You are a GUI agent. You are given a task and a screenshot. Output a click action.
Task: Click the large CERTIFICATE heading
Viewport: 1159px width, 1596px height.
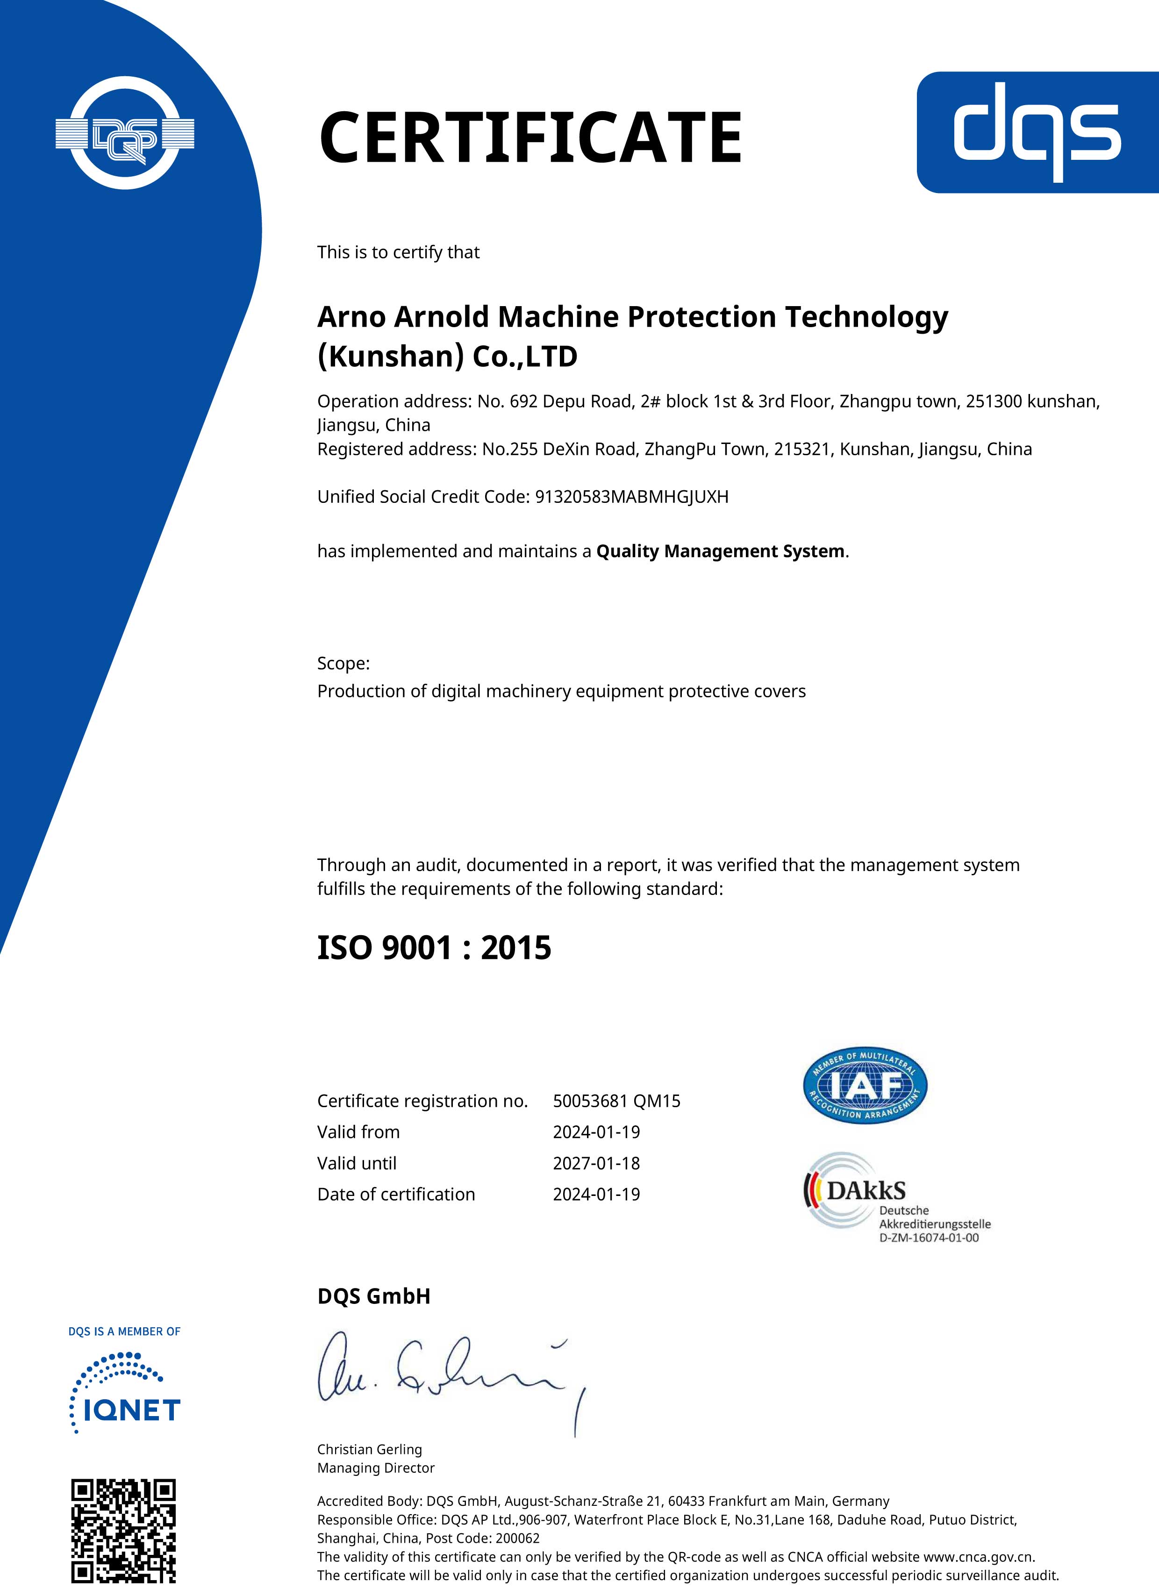click(x=530, y=137)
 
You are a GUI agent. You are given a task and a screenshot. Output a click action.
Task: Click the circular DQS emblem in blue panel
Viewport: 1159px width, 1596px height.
click(x=125, y=133)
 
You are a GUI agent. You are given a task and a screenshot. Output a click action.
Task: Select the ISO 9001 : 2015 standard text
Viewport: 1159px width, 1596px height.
click(x=434, y=948)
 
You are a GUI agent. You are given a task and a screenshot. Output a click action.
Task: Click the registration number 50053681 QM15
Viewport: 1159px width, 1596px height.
click(x=616, y=1101)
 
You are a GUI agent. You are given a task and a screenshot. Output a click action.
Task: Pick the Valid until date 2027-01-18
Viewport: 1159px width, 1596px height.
click(x=596, y=1163)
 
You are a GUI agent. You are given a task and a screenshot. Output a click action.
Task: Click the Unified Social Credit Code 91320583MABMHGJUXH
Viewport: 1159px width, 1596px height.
click(x=631, y=497)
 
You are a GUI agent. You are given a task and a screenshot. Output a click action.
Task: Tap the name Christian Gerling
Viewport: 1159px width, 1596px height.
click(x=370, y=1449)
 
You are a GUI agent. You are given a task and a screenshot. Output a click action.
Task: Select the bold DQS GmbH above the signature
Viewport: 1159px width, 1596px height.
click(x=374, y=1296)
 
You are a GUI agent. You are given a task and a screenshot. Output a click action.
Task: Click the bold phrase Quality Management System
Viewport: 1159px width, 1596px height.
click(x=720, y=551)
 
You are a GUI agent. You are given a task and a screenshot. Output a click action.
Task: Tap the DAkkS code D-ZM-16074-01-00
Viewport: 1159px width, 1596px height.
click(x=929, y=1238)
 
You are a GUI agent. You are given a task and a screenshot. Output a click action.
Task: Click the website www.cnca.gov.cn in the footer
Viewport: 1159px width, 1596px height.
click(x=978, y=1557)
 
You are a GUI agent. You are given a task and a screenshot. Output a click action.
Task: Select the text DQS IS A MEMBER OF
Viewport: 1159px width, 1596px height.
click(x=125, y=1331)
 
